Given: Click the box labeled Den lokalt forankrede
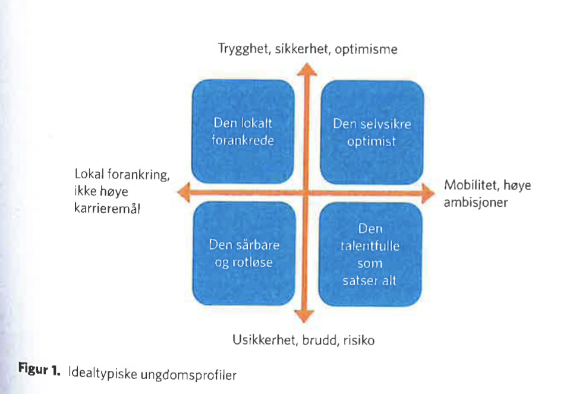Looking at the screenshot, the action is [x=243, y=131].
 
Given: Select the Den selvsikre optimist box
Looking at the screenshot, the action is [x=372, y=133].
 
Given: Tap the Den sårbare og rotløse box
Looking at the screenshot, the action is [x=244, y=253].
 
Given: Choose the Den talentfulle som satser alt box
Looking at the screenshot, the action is [x=370, y=254].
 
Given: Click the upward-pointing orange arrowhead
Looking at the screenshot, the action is [x=307, y=69].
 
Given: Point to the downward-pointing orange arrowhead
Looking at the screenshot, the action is [x=304, y=316].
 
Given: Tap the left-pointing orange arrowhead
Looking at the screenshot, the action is [x=184, y=193].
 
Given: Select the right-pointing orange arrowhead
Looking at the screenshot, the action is [x=428, y=193].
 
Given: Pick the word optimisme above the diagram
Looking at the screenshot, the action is [x=366, y=50].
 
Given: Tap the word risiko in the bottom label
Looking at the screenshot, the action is [x=359, y=340].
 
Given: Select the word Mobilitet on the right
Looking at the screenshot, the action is [x=471, y=185].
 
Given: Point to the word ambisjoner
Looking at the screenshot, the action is [x=476, y=203].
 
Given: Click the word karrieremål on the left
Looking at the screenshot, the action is [x=107, y=209].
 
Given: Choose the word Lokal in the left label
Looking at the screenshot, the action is [x=89, y=174].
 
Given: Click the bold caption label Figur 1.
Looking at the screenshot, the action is [x=39, y=370].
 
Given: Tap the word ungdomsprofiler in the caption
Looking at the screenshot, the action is [x=188, y=375].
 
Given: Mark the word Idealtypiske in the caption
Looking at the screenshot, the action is [x=102, y=374].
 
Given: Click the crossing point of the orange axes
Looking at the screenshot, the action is [x=306, y=193].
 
